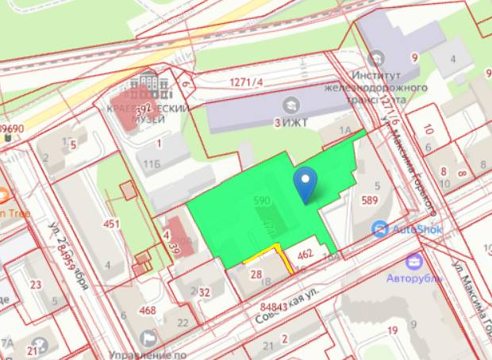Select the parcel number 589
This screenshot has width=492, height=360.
[x=369, y=200]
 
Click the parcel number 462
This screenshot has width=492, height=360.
[x=306, y=255]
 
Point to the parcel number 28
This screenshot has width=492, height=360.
[x=256, y=274]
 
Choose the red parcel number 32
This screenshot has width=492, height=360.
[x=205, y=292]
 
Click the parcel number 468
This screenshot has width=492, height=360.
[x=148, y=310]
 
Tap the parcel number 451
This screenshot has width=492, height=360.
[x=111, y=224]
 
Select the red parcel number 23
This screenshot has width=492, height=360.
[x=35, y=285]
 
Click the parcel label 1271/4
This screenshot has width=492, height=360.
[x=246, y=82]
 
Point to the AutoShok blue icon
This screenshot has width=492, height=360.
[x=380, y=229]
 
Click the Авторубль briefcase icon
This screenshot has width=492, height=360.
[x=413, y=260]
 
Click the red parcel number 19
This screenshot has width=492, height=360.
[x=392, y=331]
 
